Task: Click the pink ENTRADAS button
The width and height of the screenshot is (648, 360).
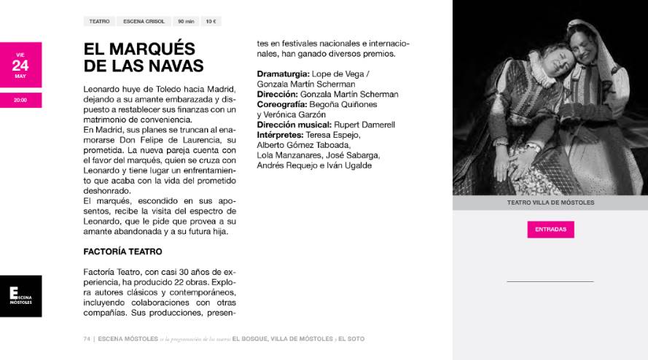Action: tap(550, 229)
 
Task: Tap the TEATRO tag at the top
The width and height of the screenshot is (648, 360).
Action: tap(99, 22)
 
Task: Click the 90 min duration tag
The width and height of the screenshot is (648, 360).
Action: tap(186, 22)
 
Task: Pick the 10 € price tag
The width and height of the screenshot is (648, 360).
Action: tap(211, 22)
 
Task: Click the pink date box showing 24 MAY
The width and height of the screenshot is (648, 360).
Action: tap(20, 65)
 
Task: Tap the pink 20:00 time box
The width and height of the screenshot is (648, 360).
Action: tap(20, 100)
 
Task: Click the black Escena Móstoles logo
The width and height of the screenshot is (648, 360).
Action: tap(20, 296)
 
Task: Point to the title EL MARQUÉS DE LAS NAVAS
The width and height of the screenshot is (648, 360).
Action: tap(144, 57)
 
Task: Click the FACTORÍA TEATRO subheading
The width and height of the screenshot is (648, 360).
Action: tap(122, 251)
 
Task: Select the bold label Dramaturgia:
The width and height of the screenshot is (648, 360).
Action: tap(284, 74)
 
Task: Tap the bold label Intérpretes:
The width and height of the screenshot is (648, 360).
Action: tap(280, 135)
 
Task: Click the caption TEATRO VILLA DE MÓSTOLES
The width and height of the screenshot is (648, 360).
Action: tap(550, 203)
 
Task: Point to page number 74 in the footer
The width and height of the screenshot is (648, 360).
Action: tap(87, 339)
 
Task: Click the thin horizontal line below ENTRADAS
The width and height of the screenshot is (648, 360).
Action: tap(550, 281)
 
